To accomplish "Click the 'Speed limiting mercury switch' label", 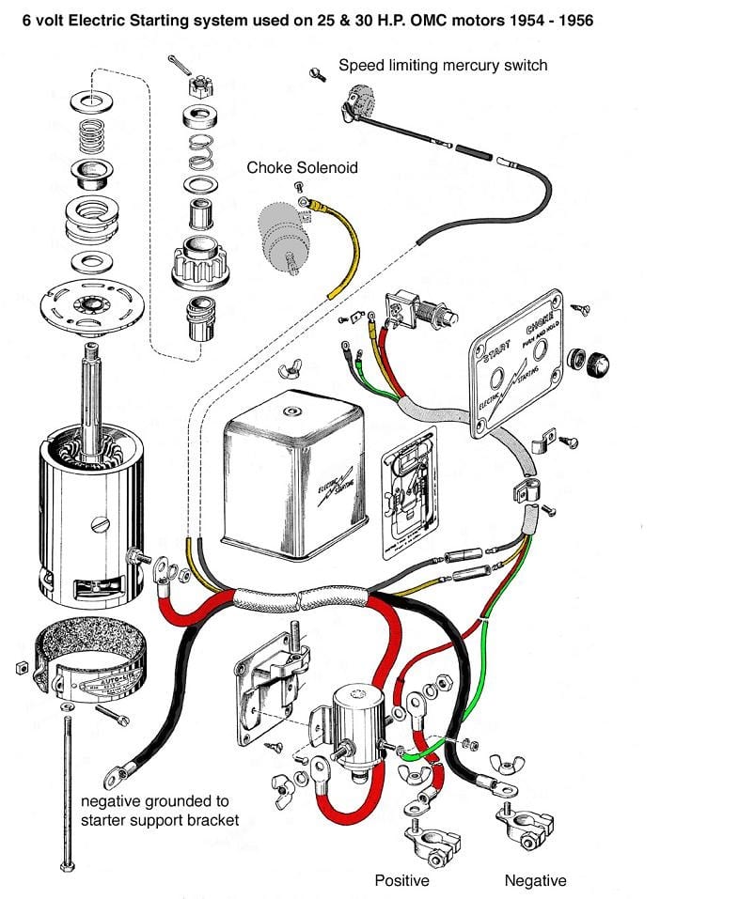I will [442, 66].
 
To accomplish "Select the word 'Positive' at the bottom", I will [401, 880].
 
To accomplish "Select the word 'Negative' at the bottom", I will [535, 880].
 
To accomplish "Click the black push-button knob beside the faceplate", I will [593, 362].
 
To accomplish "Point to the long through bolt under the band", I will [69, 789].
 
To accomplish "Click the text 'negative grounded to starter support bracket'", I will [160, 811].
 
